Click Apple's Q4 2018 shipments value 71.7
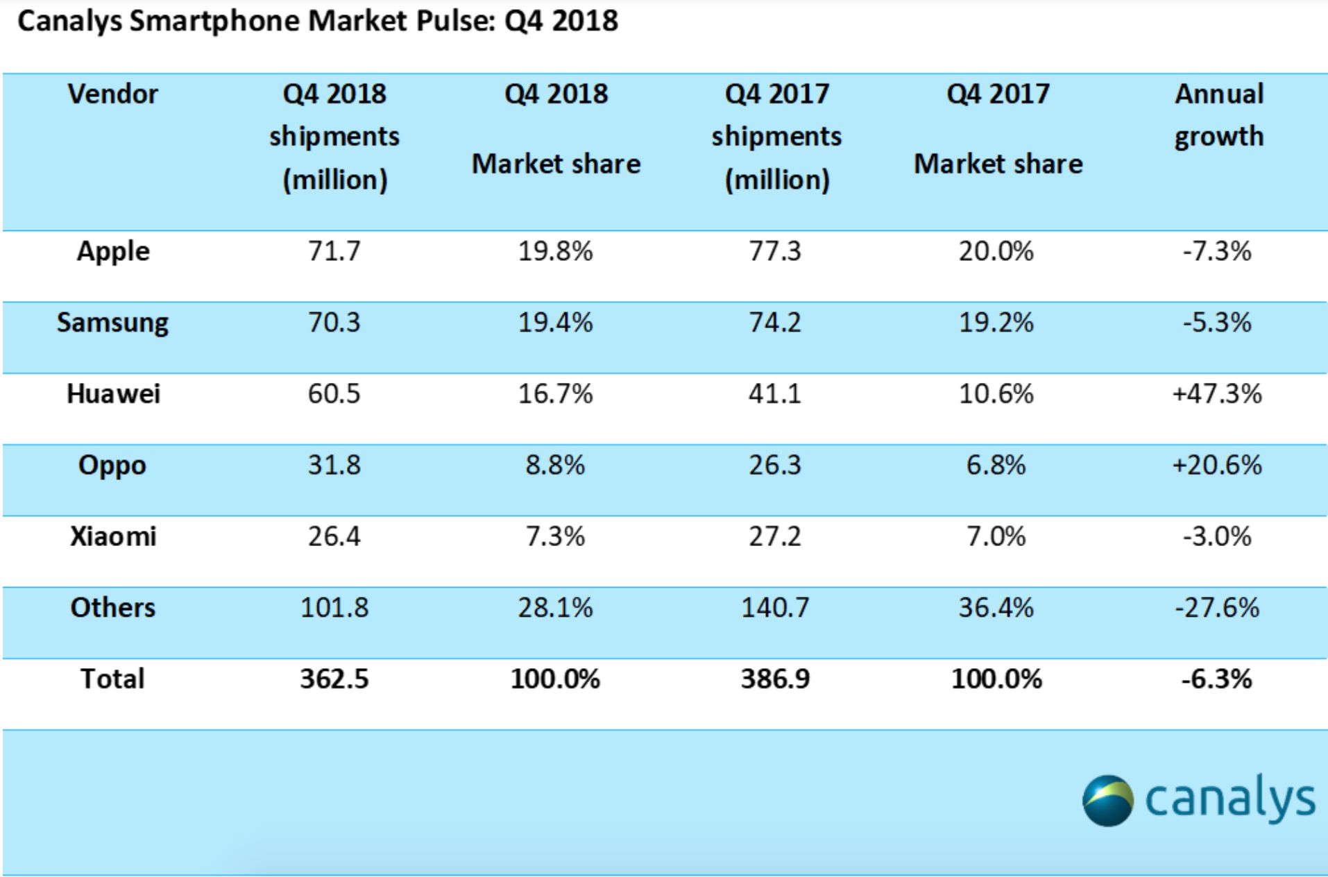tap(334, 251)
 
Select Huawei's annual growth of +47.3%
tap(1217, 394)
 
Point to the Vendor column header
tap(112, 94)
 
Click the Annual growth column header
tap(1218, 115)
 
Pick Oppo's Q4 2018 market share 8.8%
tap(555, 466)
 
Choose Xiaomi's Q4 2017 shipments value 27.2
tap(774, 536)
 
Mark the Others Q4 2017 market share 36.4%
tap(996, 608)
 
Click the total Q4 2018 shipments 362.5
tap(334, 679)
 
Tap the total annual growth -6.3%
tap(1217, 679)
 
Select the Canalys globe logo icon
tap(1107, 801)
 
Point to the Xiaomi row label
tap(112, 536)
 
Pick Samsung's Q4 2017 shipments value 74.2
tap(774, 323)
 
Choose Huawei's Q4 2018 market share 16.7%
tap(555, 394)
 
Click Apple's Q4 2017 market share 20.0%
tap(996, 251)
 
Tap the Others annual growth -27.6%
tap(1217, 608)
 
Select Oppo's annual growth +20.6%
tap(1217, 466)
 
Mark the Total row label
tap(112, 679)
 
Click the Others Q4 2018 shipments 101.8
tap(334, 608)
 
